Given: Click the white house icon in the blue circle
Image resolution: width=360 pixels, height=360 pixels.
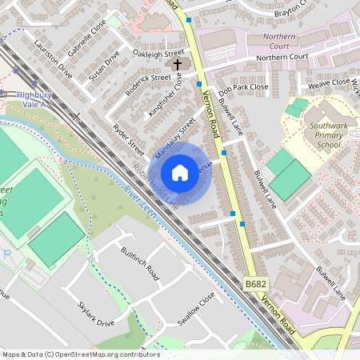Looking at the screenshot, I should tap(180, 173).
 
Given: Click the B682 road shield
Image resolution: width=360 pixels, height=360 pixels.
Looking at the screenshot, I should tap(255, 284).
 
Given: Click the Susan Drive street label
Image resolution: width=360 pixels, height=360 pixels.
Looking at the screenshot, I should tap(105, 66).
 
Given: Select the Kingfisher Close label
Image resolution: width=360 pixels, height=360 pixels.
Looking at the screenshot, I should tap(166, 96).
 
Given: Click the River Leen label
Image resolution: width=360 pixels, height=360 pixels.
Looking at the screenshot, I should tap(141, 204).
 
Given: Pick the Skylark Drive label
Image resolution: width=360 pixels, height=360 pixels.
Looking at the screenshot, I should tap(96, 315).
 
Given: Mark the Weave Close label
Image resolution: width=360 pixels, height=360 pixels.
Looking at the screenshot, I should tap(329, 82).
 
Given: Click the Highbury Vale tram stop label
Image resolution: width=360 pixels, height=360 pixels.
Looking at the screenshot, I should tap(33, 98).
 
